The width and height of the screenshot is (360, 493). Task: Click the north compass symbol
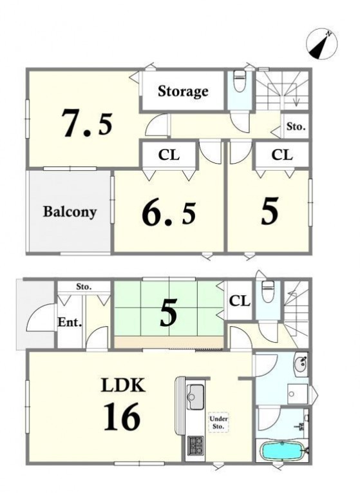point(321,44)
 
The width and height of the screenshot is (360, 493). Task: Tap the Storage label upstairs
point(183,91)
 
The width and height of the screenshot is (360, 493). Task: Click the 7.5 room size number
point(88,122)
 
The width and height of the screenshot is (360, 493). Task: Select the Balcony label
point(70,212)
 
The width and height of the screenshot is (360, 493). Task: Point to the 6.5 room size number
point(169,213)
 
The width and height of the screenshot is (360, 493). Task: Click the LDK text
point(123,385)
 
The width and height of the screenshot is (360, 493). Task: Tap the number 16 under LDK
point(122,417)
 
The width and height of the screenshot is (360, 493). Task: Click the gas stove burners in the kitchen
point(195,445)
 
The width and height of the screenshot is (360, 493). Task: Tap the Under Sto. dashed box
point(218,422)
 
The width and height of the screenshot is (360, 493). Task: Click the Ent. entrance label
point(70,322)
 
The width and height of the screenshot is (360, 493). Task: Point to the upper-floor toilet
point(240,81)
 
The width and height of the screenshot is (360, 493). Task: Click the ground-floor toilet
point(267,291)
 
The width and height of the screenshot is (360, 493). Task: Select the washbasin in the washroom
point(300,363)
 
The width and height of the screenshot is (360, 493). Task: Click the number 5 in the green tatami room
point(168,313)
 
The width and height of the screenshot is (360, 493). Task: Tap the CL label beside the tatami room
point(240,301)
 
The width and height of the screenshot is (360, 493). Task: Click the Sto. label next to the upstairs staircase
point(296,127)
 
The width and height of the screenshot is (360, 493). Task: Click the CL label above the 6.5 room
point(169,155)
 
